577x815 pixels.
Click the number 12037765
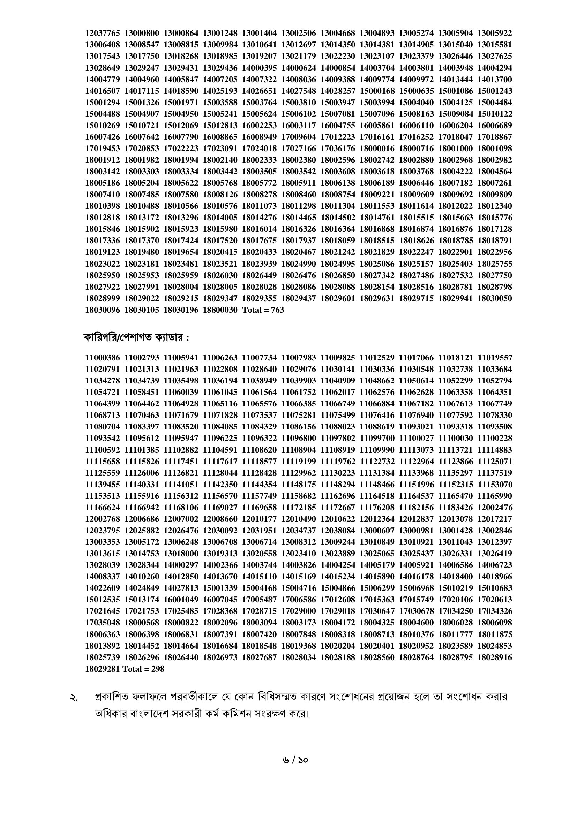(x=102, y=33)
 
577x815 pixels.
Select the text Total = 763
(x=263, y=310)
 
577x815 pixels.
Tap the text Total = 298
(x=143, y=669)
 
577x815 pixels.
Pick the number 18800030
(x=220, y=310)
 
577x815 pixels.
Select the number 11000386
(x=102, y=357)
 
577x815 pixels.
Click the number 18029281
(x=102, y=669)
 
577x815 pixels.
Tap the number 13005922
(x=495, y=33)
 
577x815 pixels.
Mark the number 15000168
(x=377, y=91)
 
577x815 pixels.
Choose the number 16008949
(x=259, y=137)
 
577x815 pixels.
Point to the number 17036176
(x=338, y=148)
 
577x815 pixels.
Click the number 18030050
(x=495, y=298)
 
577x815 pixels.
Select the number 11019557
(x=495, y=357)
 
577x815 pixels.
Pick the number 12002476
(x=495, y=508)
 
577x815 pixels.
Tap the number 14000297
(x=181, y=565)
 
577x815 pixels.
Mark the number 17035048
(x=102, y=623)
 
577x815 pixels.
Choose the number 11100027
(x=417, y=439)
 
